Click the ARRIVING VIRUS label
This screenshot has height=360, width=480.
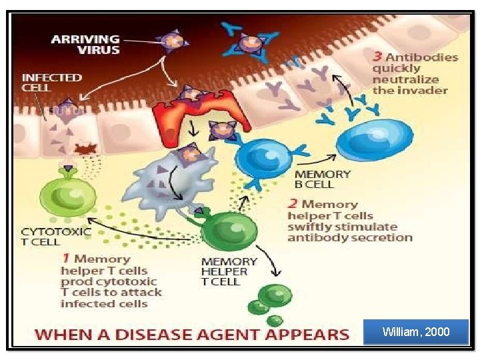[85, 45]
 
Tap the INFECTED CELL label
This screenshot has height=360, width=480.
[52, 83]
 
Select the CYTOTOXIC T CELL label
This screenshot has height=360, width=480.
[56, 237]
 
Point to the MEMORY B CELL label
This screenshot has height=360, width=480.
[323, 179]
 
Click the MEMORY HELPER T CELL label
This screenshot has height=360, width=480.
[229, 271]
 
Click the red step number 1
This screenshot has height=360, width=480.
[65, 258]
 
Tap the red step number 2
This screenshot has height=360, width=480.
[293, 204]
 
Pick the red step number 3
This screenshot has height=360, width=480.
[377, 57]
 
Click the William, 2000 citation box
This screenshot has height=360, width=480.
[416, 332]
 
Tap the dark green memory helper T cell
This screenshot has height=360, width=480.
[228, 229]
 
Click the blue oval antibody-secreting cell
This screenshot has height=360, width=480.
[375, 140]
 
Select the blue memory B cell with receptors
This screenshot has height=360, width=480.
[263, 159]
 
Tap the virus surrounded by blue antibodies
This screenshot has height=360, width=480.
[249, 42]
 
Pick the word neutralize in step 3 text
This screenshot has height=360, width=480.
[405, 79]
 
